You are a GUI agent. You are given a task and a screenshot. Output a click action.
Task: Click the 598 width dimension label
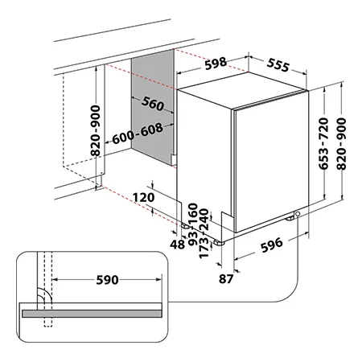point(216,64)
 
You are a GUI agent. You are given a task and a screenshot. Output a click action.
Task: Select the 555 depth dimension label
point(278,65)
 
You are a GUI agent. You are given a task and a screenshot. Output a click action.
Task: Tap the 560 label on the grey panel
point(153,104)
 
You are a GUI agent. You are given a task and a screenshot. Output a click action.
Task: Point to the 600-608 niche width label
point(138,134)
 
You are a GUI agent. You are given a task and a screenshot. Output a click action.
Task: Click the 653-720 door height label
point(323,143)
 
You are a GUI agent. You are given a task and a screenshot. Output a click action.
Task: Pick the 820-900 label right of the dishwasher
point(341,144)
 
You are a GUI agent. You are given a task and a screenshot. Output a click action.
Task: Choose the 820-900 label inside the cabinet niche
point(95,131)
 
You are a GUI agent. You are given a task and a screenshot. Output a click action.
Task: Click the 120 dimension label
point(144,198)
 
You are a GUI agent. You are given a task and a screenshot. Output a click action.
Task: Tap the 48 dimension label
point(178,245)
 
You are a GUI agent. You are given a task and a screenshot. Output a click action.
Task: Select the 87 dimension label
point(226,279)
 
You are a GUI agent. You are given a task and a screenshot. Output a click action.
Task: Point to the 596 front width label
point(272,245)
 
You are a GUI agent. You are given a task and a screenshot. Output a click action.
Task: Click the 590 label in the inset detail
point(107,280)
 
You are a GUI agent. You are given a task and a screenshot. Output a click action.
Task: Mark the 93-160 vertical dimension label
point(193,224)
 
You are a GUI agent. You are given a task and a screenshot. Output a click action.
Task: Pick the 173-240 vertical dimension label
point(204,233)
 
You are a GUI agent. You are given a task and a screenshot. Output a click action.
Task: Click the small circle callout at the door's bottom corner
point(298,214)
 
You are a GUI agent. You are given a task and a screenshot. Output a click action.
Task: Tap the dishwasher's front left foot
point(219,243)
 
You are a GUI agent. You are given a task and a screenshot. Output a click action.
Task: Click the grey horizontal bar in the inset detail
point(92,314)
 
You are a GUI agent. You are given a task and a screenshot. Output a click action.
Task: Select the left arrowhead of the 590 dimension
point(55,280)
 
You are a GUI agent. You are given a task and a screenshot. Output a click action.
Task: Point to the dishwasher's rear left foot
point(185,226)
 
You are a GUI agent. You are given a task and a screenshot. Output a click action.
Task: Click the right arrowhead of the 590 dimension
point(158,280)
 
